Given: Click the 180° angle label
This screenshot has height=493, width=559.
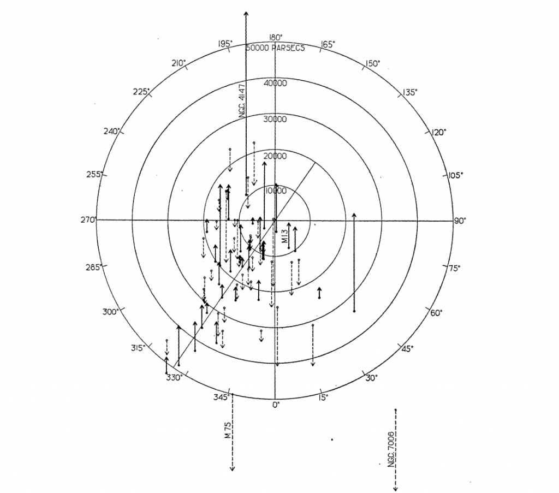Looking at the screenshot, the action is (x=276, y=38).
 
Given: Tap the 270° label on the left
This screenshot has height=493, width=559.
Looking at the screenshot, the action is (x=88, y=220).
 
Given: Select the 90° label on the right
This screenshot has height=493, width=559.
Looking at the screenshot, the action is (x=460, y=221).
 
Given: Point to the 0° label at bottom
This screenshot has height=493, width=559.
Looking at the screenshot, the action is (x=276, y=405).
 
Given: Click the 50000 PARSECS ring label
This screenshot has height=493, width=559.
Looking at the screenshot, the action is (x=275, y=48).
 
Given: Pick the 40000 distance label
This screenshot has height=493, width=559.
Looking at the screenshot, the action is (x=275, y=84).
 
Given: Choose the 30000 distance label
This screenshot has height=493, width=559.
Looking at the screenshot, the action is (x=275, y=120).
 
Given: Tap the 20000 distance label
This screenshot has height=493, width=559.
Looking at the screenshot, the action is (x=275, y=156).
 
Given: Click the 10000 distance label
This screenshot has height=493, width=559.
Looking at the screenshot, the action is (x=276, y=191).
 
